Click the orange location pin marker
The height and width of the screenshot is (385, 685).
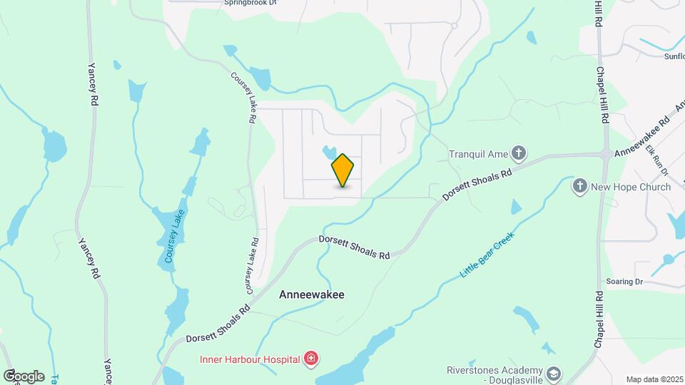click(343, 170)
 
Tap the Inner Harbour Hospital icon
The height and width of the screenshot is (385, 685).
click(310, 359)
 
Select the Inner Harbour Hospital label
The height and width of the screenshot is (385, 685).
click(249, 359)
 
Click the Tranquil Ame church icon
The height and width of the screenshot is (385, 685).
click(519, 153)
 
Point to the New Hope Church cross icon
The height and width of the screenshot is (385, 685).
click(580, 187)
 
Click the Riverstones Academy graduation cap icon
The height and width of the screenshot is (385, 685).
click(552, 374)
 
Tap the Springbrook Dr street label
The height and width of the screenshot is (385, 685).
click(250, 3)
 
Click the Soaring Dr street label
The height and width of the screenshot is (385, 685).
click(624, 282)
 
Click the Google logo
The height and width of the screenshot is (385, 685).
click(24, 376)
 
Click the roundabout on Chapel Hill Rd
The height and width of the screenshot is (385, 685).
click(604, 154)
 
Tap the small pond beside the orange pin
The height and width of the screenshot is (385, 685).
click(328, 152)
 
